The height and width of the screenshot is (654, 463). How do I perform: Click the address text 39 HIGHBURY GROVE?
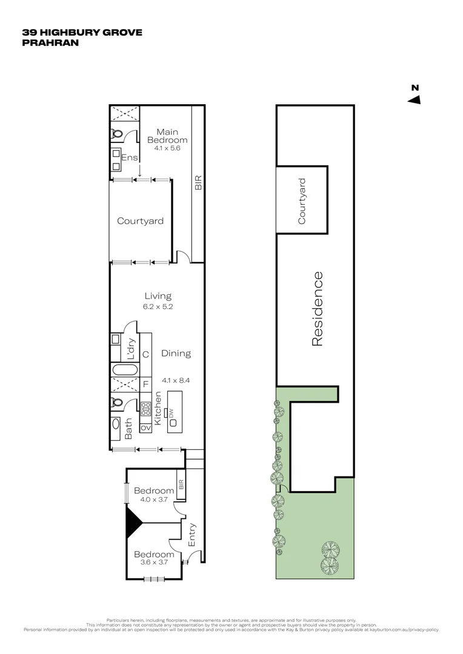[x=82, y=32]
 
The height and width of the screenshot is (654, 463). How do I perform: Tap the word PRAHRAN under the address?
[x=50, y=42]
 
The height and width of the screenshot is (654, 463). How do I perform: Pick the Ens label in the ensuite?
[x=130, y=158]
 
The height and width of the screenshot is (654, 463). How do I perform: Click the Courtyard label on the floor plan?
[x=140, y=221]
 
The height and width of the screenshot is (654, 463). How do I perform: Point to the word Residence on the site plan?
[x=317, y=309]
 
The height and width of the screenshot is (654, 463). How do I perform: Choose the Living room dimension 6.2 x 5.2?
[x=158, y=306]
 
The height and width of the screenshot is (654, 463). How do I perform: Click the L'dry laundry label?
[x=130, y=349]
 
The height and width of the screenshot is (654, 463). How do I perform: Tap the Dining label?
[x=176, y=353]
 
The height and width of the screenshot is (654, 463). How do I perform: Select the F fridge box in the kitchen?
[x=145, y=384]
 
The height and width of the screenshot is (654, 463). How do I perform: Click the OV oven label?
[x=145, y=428]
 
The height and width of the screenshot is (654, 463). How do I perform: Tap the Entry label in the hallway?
[x=193, y=535]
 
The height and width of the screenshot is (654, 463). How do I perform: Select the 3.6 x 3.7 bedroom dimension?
[x=154, y=562]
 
